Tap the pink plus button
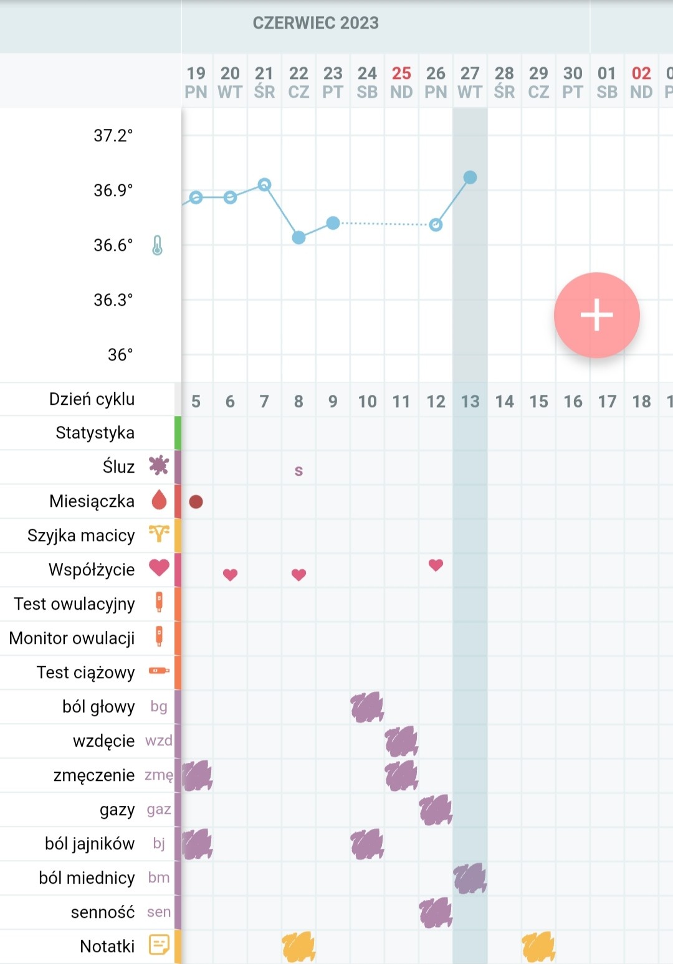[596, 314]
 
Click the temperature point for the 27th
[470, 177]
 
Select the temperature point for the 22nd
[298, 237]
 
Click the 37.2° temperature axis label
[113, 136]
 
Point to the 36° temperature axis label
[120, 354]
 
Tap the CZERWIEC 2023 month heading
[315, 23]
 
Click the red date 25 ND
[401, 82]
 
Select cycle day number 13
[470, 402]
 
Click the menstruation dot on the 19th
[196, 501]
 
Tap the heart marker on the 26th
[436, 565]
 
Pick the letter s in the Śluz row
[298, 471]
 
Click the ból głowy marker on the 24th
[367, 707]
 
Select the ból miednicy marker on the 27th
[470, 878]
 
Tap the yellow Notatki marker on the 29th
[538, 947]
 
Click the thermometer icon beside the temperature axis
[157, 245]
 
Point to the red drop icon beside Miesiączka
[159, 499]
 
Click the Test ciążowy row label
[86, 672]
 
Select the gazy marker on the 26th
[436, 810]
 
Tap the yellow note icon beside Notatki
[158, 945]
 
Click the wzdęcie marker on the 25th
[401, 741]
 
